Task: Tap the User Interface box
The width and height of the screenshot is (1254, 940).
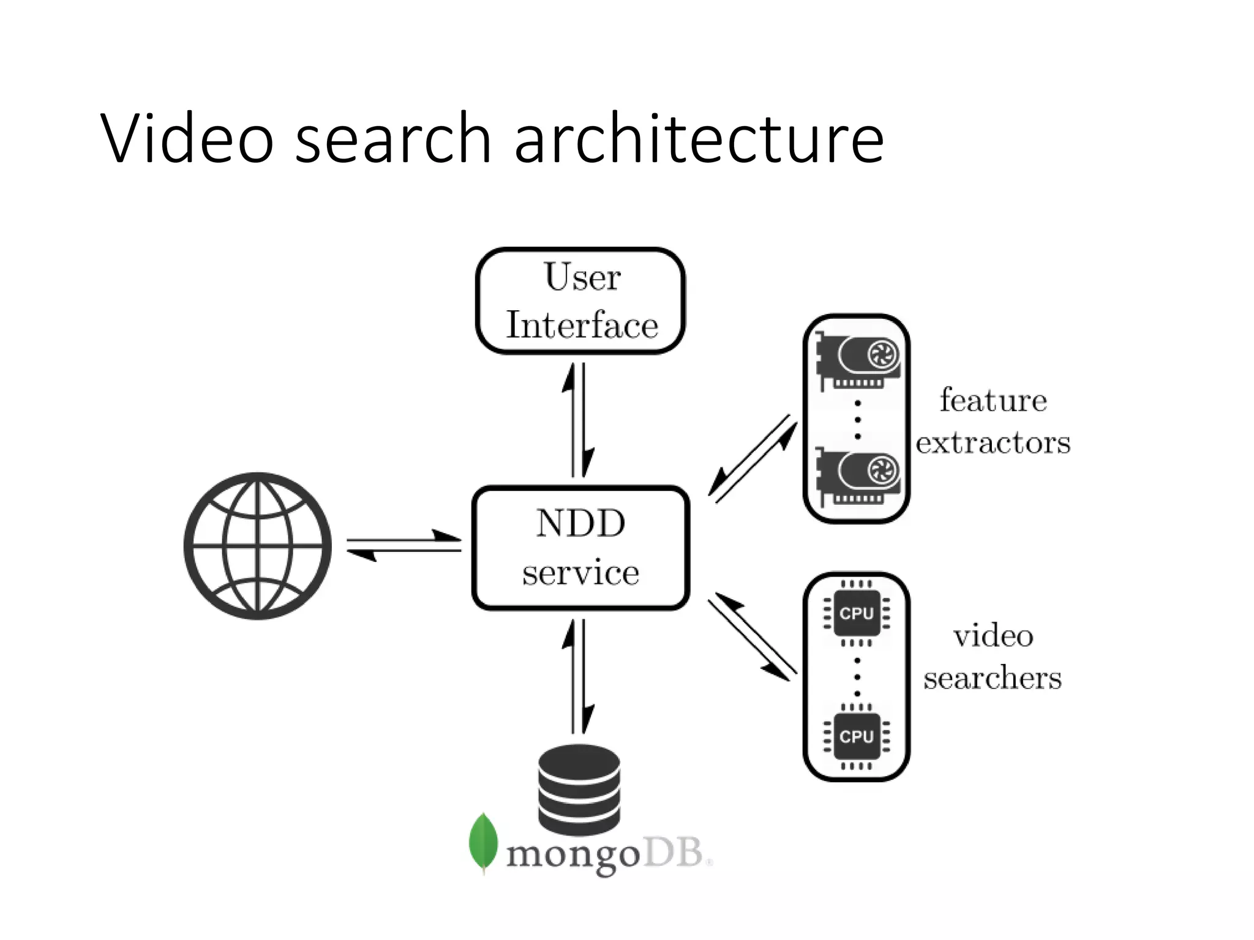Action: click(580, 300)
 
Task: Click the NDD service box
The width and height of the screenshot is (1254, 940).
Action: click(580, 548)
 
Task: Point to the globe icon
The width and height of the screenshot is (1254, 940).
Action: click(258, 546)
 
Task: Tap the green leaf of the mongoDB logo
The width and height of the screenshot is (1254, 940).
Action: click(483, 842)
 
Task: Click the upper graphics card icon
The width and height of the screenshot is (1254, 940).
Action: click(857, 361)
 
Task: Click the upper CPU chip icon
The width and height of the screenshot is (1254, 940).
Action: click(856, 613)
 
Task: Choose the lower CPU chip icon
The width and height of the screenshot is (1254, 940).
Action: click(856, 737)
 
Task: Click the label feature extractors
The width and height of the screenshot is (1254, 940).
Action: click(993, 421)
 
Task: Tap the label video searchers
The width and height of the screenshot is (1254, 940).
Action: click(993, 656)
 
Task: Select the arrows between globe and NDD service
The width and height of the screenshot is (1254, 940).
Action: click(404, 545)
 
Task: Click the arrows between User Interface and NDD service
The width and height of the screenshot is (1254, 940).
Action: click(579, 420)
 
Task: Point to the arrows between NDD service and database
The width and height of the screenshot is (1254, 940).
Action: click(579, 676)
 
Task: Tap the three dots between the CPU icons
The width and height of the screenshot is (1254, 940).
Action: click(857, 677)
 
